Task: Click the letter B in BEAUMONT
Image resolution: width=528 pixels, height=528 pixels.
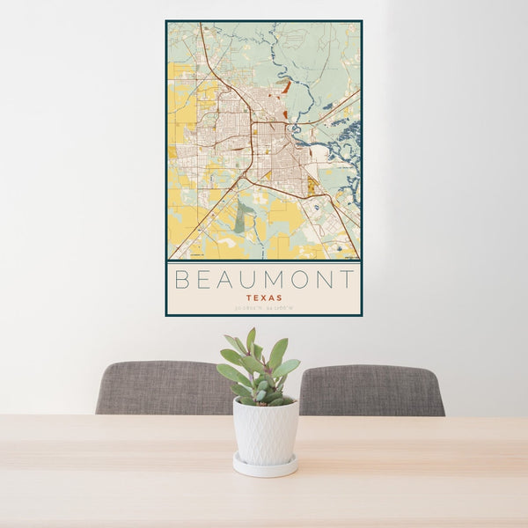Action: coord(182,280)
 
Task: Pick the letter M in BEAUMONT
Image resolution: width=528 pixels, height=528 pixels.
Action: coord(279,280)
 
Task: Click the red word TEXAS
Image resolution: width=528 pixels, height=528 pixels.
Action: coord(264,297)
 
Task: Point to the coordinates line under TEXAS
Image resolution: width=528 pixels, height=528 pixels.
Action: coord(264,307)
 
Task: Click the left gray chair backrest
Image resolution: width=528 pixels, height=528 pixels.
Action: coord(163,387)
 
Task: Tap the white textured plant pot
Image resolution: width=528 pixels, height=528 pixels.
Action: coord(265,430)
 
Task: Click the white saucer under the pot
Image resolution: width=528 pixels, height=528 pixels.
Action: coord(265,466)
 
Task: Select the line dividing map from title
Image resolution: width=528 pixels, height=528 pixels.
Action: coord(264,261)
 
